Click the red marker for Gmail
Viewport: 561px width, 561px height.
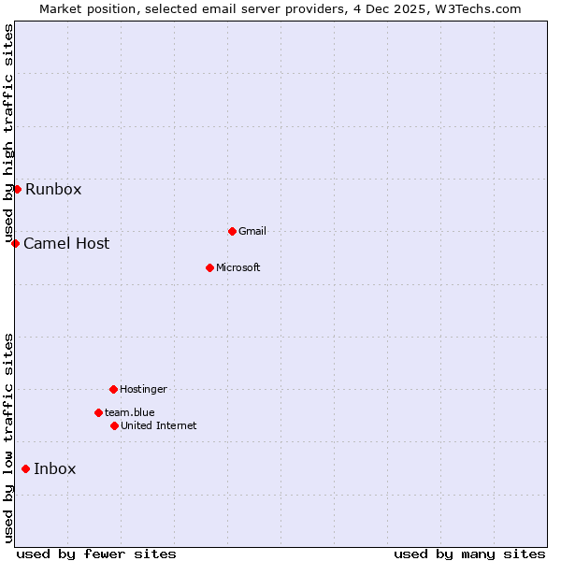[232, 231]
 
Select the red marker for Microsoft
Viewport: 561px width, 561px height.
[209, 267]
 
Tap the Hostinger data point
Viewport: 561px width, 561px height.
[113, 389]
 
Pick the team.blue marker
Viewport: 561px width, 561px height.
[98, 412]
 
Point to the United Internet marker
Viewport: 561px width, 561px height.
[114, 425]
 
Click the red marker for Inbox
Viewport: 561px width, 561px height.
[25, 468]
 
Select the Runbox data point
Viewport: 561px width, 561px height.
[17, 189]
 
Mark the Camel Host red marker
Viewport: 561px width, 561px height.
[15, 243]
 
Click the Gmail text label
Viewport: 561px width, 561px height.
[253, 231]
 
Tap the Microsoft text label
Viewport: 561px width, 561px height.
[237, 267]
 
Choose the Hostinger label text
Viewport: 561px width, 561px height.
[143, 389]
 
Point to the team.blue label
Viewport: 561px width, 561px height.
[129, 412]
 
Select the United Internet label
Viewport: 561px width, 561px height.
[158, 425]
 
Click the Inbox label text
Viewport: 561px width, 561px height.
[54, 468]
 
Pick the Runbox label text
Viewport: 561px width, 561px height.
[53, 189]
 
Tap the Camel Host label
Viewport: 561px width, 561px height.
[66, 243]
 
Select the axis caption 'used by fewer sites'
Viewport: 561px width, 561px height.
[96, 554]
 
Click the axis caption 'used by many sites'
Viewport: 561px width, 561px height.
[469, 554]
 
